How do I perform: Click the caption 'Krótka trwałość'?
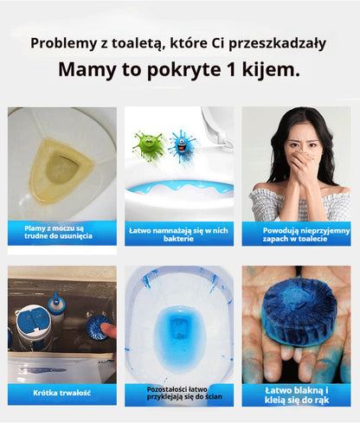[61, 393]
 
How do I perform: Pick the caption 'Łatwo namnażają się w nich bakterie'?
[178, 231]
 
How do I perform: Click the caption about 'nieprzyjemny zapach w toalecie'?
[295, 231]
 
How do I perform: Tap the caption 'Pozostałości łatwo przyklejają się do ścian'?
[178, 394]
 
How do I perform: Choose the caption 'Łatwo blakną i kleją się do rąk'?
[295, 394]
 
